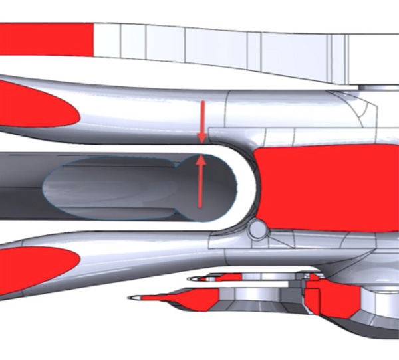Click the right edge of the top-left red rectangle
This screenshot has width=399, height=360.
coord(93,39)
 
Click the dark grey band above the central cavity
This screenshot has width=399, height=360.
coord(100,157)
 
